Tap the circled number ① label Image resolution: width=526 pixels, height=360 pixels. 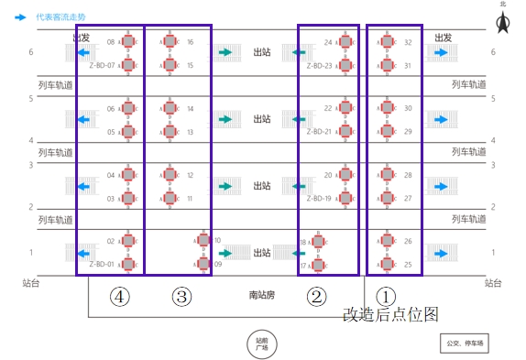pyautogui.click(x=387, y=296)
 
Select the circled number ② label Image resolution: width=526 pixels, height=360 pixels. pyautogui.click(x=317, y=296)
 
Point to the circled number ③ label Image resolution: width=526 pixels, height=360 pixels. pyautogui.click(x=182, y=296)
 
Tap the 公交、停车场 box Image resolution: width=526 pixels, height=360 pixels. pyautogui.click(x=465, y=344)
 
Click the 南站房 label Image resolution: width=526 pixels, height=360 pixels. pyautogui.click(x=261, y=295)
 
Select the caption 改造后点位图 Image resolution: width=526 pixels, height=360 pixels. pyautogui.click(x=390, y=314)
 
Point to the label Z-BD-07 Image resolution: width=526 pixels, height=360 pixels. pyautogui.click(x=102, y=65)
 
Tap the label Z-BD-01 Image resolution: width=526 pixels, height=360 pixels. pyautogui.click(x=102, y=264)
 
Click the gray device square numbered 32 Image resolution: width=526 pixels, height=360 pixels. pyautogui.click(x=387, y=42)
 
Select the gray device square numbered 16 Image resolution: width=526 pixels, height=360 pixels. pyautogui.click(x=170, y=42)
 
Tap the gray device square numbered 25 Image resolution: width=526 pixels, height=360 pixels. pyautogui.click(x=387, y=264)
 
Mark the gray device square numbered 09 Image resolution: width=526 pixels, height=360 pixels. pyautogui.click(x=203, y=264)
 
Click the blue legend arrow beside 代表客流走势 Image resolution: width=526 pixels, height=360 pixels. pyautogui.click(x=21, y=16)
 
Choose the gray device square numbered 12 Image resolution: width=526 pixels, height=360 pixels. pyautogui.click(x=170, y=175)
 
